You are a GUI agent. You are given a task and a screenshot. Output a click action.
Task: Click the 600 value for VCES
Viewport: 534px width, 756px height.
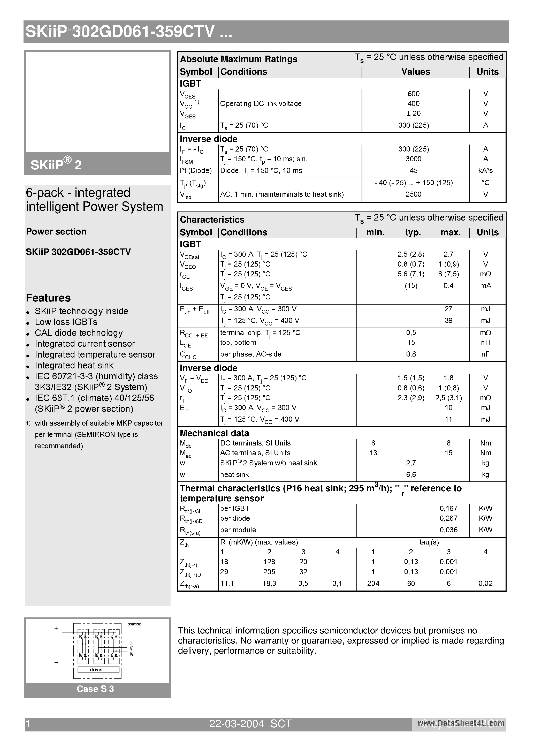coord(414,94)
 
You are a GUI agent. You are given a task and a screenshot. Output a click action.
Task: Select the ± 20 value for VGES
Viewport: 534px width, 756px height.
coord(414,114)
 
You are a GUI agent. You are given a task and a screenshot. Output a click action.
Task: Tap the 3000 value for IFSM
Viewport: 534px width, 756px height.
coord(414,159)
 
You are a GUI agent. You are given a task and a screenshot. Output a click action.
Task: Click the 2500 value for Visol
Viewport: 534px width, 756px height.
coord(414,194)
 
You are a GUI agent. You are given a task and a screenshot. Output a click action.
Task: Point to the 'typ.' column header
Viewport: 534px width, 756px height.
coord(413,232)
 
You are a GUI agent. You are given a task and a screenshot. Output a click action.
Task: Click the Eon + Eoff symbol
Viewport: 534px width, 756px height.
coord(195,309)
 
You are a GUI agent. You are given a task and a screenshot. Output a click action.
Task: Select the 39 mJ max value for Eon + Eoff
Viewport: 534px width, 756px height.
coord(448,321)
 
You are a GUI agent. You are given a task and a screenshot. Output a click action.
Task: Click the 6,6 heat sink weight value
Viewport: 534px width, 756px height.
coord(411,475)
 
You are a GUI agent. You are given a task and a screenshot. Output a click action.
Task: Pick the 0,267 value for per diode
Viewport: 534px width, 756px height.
coord(448,519)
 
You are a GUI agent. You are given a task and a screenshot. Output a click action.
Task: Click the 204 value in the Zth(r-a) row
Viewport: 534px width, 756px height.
coord(373,584)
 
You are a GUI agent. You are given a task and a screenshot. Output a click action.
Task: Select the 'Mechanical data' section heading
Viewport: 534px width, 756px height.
coord(214,433)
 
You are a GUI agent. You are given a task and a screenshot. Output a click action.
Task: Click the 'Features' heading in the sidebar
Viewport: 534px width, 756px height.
coord(48,298)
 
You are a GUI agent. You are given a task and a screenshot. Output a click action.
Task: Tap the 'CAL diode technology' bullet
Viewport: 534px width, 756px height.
coord(79,333)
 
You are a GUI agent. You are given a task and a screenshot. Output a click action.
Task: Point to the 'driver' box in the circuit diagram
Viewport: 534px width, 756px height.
coord(96,670)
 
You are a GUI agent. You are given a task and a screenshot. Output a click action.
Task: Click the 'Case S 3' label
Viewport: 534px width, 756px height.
coord(95,689)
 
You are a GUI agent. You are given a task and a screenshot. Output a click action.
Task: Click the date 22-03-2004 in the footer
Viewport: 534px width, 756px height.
coord(237,724)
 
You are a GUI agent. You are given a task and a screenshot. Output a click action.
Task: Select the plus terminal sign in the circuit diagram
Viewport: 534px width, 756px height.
coord(56,629)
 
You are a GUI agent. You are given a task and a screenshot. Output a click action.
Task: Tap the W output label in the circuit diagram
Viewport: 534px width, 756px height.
coord(131,654)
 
